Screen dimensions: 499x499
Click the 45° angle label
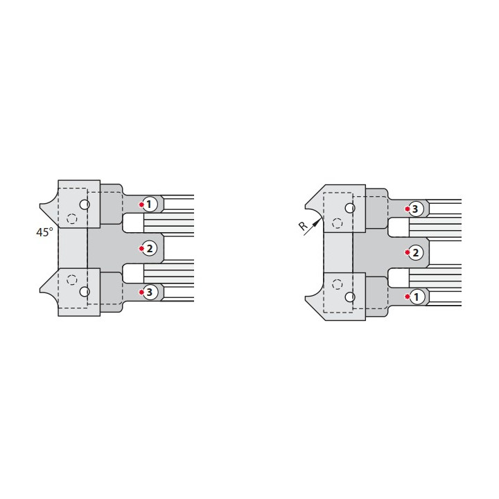(44, 232)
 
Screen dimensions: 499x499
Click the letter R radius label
(304, 226)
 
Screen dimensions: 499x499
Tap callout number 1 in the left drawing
(150, 204)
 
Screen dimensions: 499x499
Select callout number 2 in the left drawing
(150, 248)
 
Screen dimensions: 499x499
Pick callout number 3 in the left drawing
(150, 292)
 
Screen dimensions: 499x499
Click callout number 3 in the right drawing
(416, 209)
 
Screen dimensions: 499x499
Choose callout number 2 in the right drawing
(416, 253)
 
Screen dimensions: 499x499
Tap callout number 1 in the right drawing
(416, 297)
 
